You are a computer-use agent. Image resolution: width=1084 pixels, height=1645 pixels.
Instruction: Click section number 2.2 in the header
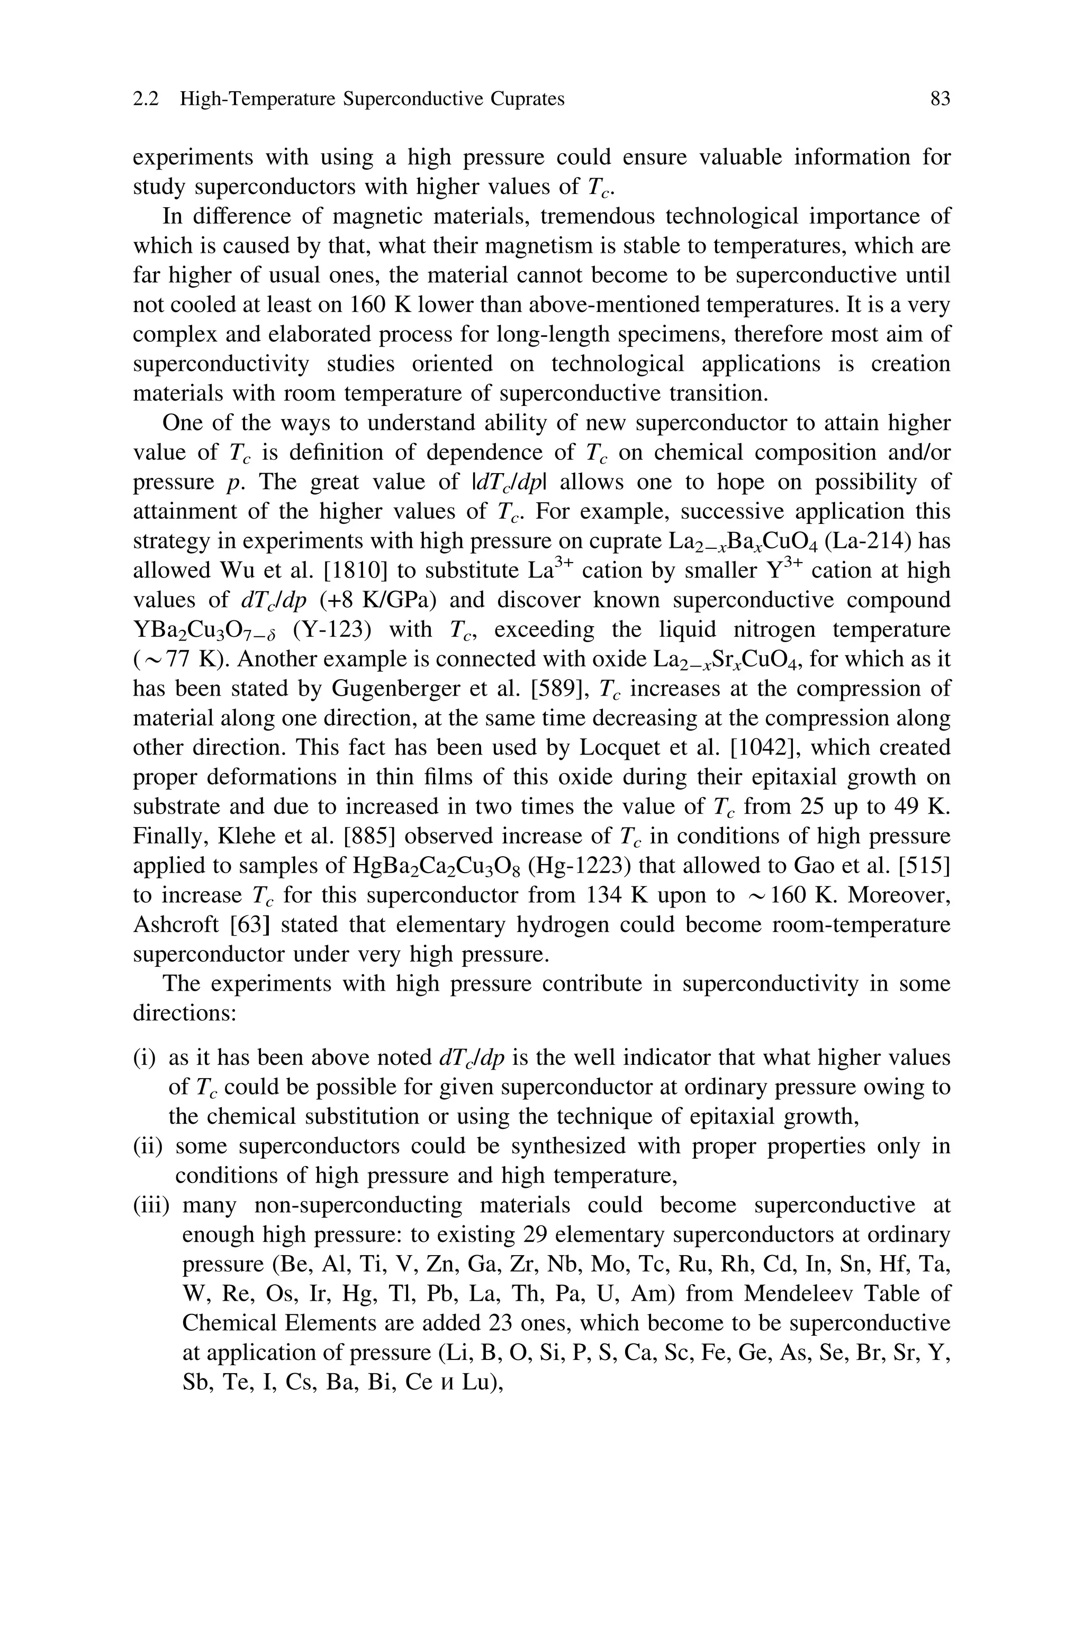[145, 100]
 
